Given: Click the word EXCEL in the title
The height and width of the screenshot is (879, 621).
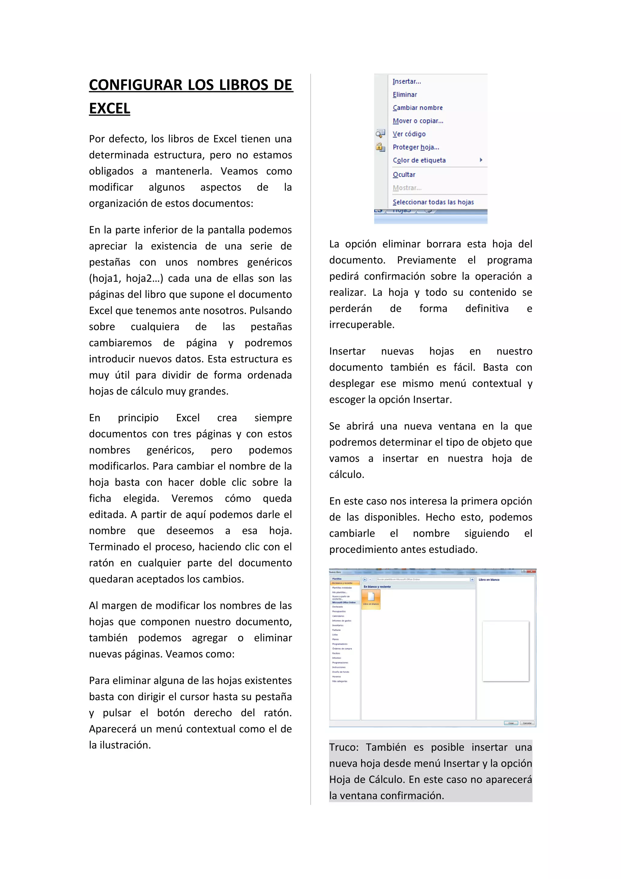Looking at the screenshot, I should pyautogui.click(x=109, y=108).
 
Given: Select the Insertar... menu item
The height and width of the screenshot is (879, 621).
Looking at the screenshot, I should pyautogui.click(x=406, y=82).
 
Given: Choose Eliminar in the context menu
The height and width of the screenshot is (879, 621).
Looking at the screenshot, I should pyautogui.click(x=404, y=95).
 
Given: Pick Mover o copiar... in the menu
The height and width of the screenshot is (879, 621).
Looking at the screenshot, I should pyautogui.click(x=418, y=121).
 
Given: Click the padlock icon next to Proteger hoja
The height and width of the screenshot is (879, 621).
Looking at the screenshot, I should pyautogui.click(x=380, y=147).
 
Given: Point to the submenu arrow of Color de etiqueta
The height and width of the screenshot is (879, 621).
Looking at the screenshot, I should pyautogui.click(x=481, y=160).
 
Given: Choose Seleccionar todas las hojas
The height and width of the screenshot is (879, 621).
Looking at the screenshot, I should pyautogui.click(x=433, y=202).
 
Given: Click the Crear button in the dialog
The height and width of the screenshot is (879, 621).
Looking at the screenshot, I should pyautogui.click(x=511, y=723).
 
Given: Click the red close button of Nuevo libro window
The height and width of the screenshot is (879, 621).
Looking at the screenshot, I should pyautogui.click(x=531, y=571).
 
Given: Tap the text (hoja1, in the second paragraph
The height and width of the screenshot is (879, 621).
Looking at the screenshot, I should pyautogui.click(x=104, y=278).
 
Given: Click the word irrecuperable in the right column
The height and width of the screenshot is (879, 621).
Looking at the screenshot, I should pyautogui.click(x=361, y=325).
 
